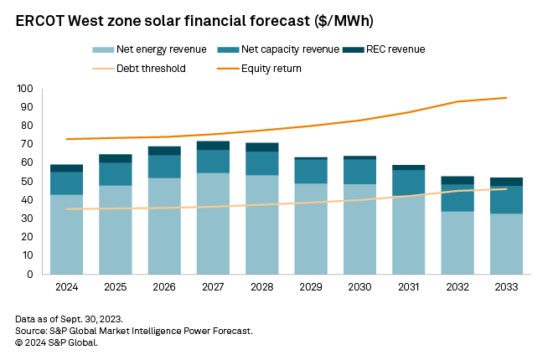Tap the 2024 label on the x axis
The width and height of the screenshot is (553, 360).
click(66, 286)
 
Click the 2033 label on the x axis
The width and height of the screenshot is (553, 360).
click(507, 286)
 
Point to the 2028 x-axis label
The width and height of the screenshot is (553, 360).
click(262, 286)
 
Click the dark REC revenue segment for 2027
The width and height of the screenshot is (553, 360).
click(213, 146)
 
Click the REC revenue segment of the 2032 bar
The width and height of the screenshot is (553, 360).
click(458, 180)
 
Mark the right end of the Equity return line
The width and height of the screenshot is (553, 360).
click(506, 98)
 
